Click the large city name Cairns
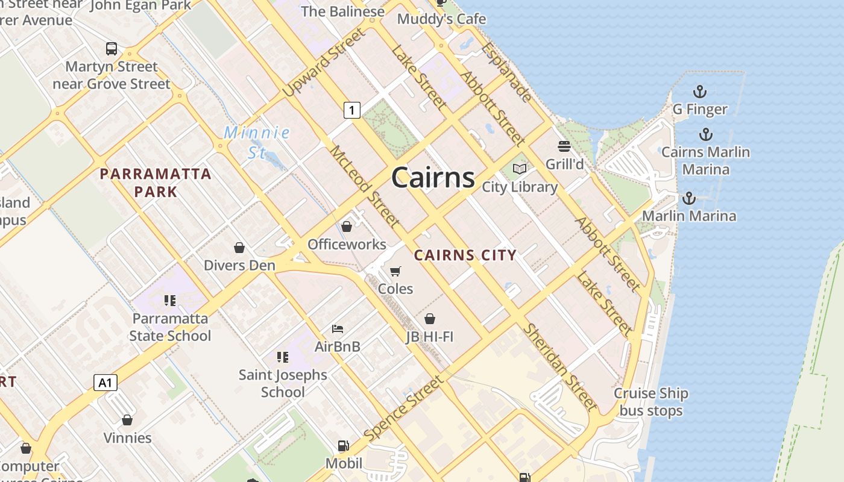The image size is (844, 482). pyautogui.click(x=433, y=178)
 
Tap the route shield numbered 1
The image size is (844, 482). pyautogui.click(x=352, y=110)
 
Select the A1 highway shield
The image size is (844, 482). pyautogui.click(x=105, y=382)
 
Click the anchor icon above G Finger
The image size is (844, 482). pyautogui.click(x=699, y=92)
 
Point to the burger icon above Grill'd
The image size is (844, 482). pyautogui.click(x=564, y=146)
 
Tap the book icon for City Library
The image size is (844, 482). pyautogui.click(x=520, y=169)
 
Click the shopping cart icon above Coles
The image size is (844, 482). pyautogui.click(x=395, y=272)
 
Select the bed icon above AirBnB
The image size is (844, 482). pyautogui.click(x=338, y=329)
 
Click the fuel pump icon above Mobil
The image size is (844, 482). pyautogui.click(x=343, y=446)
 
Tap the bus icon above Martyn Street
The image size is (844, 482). pyautogui.click(x=112, y=49)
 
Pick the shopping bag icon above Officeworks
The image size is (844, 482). pyautogui.click(x=347, y=227)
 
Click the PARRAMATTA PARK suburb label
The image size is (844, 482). pyautogui.click(x=156, y=183)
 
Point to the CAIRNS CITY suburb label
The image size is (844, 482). pyautogui.click(x=465, y=255)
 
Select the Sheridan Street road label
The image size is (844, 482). pyautogui.click(x=559, y=367)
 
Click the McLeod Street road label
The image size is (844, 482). pyautogui.click(x=365, y=186)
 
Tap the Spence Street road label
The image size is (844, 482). pyautogui.click(x=403, y=407)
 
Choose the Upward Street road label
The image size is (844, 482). pyautogui.click(x=324, y=62)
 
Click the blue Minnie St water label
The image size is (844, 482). pyautogui.click(x=257, y=142)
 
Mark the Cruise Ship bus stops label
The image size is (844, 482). pyautogui.click(x=650, y=402)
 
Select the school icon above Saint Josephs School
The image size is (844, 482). pyautogui.click(x=283, y=357)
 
